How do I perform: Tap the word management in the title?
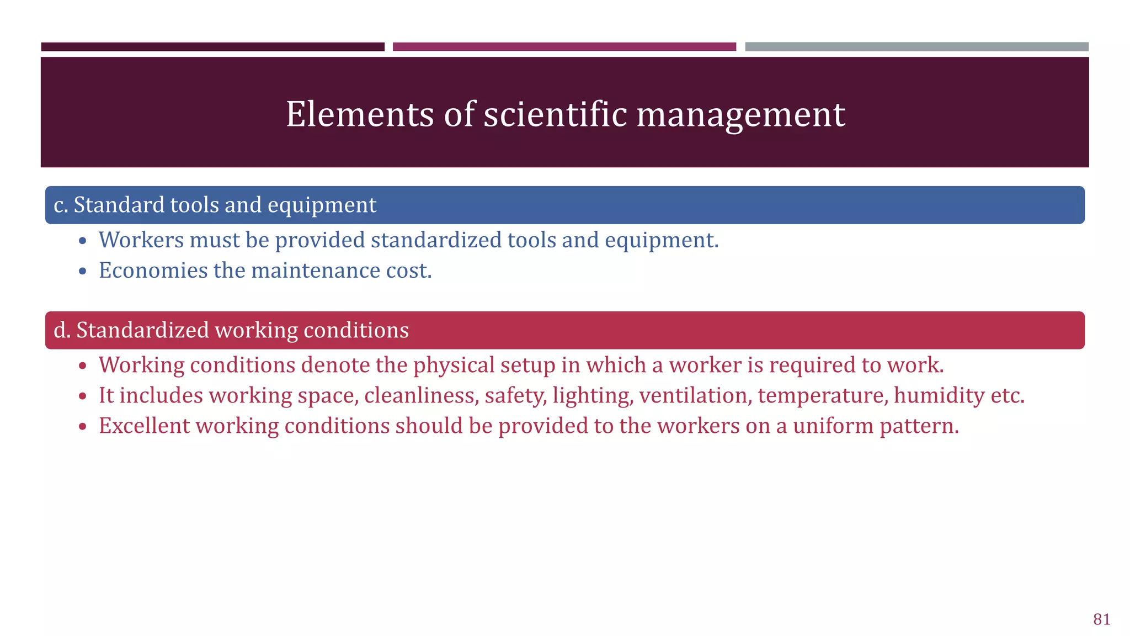tap(740, 114)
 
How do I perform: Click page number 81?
tap(1101, 619)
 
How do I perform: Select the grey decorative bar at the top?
tap(916, 47)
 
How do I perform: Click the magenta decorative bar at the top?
tap(564, 47)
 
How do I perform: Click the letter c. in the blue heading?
tap(61, 205)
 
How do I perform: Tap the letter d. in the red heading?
tap(62, 330)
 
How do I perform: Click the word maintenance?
tap(315, 271)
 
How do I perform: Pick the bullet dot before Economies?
tap(83, 271)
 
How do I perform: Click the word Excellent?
tap(143, 426)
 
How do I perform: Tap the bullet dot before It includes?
tap(83, 396)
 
